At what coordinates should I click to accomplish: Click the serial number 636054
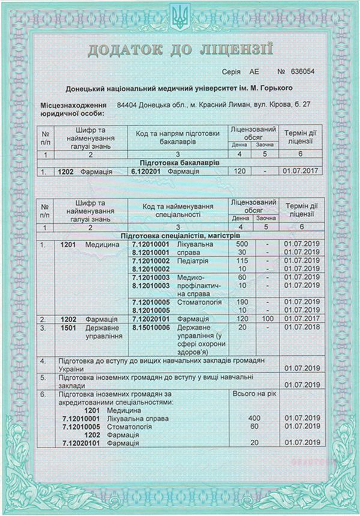pyautogui.click(x=302, y=71)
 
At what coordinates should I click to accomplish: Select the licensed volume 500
pyautogui.click(x=242, y=245)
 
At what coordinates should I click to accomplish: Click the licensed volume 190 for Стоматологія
pyautogui.click(x=242, y=301)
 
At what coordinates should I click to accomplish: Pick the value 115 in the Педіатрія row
pyautogui.click(x=242, y=261)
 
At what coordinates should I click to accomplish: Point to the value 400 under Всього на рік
pyautogui.click(x=254, y=417)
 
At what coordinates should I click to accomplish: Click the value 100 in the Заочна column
pyautogui.click(x=266, y=319)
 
